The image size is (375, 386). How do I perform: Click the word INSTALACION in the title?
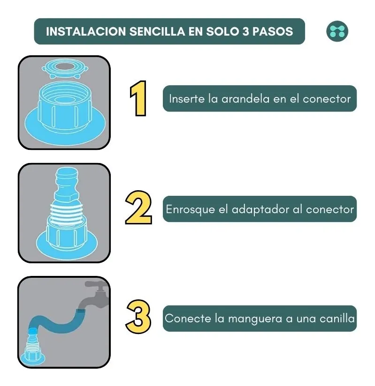coord(86,31)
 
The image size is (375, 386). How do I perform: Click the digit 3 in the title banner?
coord(246,31)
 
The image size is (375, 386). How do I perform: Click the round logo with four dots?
coord(337,31)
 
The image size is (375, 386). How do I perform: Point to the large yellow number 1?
coord(138,98)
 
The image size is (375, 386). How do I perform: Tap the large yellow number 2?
coord(138,207)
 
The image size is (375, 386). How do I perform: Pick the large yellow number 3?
coord(138,317)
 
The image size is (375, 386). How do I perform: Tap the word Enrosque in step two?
coord(190,210)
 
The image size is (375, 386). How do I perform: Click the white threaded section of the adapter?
coord(67,212)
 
